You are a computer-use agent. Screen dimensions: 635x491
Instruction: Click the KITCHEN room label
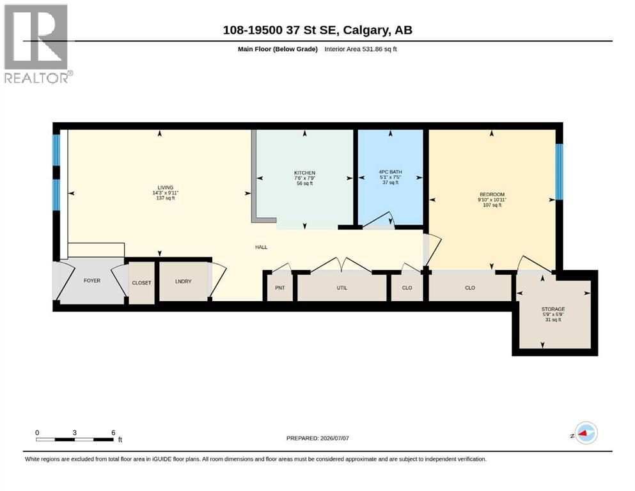304,173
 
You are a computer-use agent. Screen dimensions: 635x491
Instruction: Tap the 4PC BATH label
390,172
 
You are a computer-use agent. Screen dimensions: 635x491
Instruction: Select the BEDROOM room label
492,194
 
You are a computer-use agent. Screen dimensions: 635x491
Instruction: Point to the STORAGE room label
553,309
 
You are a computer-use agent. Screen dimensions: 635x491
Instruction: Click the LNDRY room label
183,281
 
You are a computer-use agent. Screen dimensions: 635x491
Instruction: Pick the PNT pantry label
280,288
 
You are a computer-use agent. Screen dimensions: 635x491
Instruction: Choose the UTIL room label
341,288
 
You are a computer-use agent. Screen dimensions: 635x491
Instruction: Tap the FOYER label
92,281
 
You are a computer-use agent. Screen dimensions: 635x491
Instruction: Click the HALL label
261,247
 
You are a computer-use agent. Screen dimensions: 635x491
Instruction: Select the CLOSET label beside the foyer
141,283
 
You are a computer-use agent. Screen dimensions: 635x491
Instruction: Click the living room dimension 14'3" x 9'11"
165,193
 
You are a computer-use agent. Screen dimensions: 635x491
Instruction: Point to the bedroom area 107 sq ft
492,205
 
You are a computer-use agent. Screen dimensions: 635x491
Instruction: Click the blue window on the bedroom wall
560,171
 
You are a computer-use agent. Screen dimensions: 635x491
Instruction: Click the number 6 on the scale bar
113,432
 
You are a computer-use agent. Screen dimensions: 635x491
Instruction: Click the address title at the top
317,30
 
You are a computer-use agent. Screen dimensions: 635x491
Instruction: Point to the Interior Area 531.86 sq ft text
361,49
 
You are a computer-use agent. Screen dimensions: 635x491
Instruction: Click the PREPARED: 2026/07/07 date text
317,438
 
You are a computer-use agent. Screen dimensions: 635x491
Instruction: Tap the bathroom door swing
377,219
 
